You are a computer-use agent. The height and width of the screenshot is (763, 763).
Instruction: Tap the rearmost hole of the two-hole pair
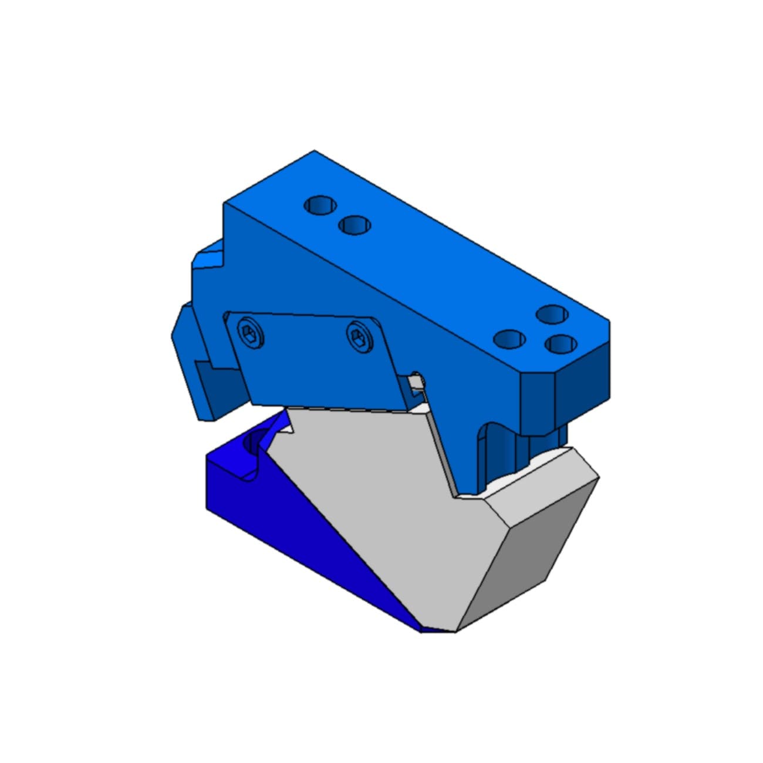(x=320, y=205)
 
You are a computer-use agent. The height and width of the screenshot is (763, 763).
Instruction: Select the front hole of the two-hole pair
(x=355, y=225)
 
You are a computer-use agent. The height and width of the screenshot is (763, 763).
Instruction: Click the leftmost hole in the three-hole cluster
(x=509, y=339)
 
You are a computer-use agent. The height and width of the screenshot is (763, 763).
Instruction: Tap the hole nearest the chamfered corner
(x=558, y=344)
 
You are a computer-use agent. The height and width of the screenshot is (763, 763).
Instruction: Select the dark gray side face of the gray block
(x=528, y=563)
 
